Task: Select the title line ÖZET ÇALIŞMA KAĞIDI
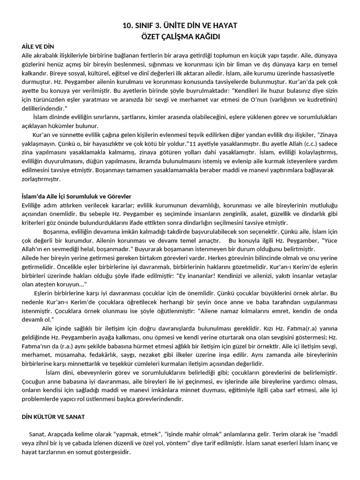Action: point(180,37)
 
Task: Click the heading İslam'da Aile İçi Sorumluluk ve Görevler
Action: point(76,196)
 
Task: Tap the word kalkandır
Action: point(37,73)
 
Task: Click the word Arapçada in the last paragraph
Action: point(60,434)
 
